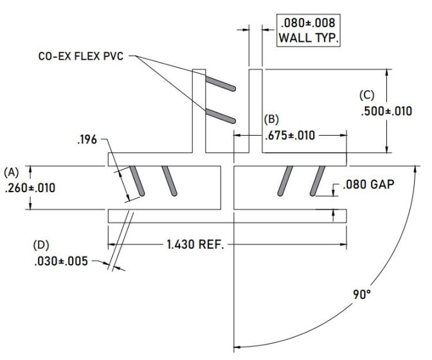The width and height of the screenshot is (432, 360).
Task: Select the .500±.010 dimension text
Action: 384,111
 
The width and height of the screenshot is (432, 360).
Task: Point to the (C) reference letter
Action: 366,95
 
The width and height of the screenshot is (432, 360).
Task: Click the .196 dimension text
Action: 86,140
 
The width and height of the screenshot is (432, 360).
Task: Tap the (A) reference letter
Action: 12,172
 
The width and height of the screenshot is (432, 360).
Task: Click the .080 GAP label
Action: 368,185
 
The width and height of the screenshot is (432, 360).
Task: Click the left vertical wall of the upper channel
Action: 199,109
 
